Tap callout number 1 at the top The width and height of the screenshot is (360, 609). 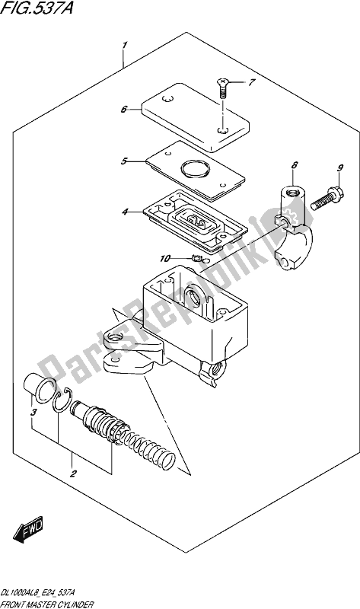124,46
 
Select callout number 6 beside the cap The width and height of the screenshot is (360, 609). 123,110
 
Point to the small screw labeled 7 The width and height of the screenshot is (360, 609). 221,88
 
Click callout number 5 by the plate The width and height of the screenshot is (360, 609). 124,161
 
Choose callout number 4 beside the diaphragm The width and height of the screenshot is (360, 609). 124,212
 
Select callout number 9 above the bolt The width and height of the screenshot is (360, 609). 340,168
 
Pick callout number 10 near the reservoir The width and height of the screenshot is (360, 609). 164,258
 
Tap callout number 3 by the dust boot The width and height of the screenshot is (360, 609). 33,412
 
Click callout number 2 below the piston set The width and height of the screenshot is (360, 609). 72,473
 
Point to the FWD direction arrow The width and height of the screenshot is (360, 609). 28,529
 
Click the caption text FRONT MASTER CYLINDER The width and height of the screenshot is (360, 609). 47,604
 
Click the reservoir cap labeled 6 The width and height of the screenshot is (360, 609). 195,117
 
